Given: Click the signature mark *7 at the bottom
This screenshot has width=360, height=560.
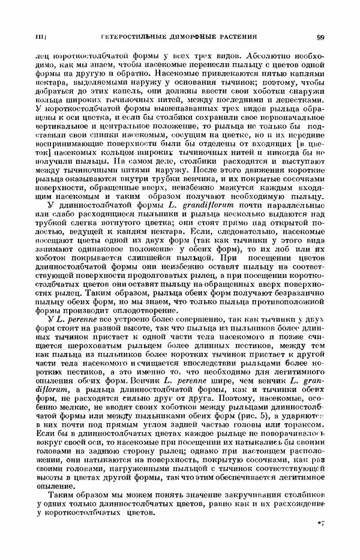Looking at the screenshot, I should coord(320,524).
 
